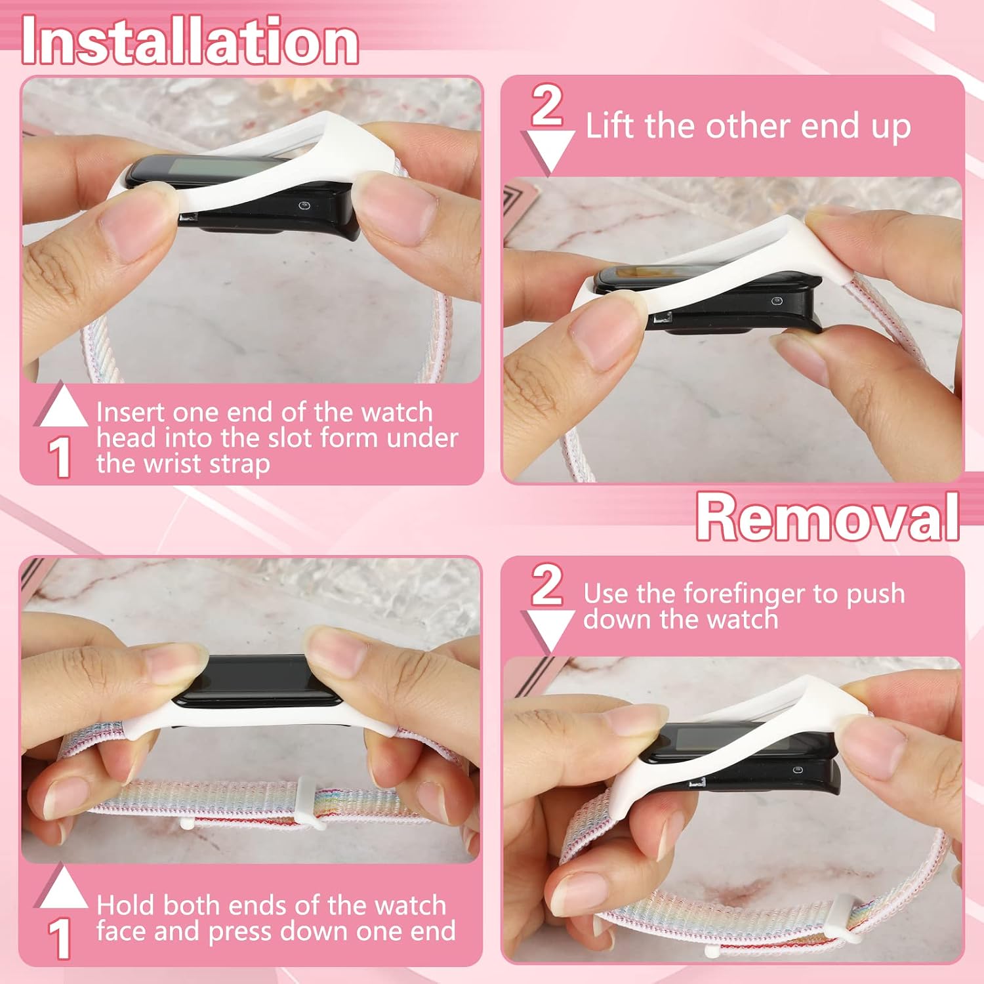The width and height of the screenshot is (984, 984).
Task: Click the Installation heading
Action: (x=190, y=41)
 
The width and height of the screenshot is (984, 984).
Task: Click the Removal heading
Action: (x=828, y=517)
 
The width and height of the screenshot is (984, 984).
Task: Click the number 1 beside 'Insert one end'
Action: (x=60, y=457)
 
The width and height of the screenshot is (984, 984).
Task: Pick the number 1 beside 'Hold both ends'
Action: (x=60, y=938)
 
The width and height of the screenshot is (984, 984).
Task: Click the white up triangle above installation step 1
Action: (x=61, y=407)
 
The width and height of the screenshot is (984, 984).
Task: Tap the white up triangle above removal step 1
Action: (x=61, y=888)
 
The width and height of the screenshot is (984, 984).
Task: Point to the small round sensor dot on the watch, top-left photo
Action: (x=304, y=206)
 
